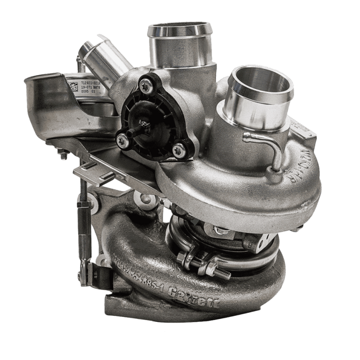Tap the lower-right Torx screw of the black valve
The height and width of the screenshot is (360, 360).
click(x=177, y=149)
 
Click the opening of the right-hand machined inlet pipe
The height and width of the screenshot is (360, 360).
click(x=261, y=82)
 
